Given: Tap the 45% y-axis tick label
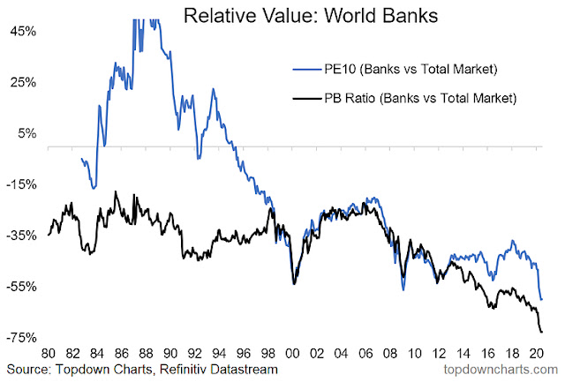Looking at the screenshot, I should [21, 31].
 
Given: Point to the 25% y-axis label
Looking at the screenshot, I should [21, 82].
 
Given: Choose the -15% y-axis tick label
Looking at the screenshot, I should [19, 184].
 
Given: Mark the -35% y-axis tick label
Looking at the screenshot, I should [19, 236].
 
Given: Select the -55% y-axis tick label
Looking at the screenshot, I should [19, 287].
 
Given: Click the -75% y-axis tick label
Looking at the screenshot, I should [19, 338].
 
